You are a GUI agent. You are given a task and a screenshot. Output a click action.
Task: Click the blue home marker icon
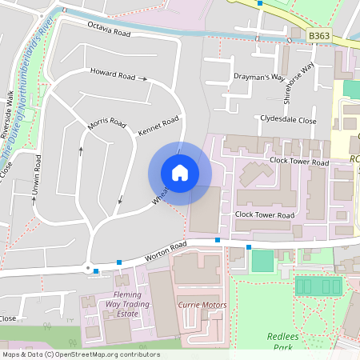[180, 173]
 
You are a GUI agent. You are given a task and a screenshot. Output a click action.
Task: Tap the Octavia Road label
[110, 29]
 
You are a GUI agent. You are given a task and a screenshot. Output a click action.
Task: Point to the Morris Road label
[106, 126]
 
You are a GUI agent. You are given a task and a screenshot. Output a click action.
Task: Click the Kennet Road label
[158, 126]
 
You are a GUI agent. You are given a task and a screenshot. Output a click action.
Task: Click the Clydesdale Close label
[288, 120]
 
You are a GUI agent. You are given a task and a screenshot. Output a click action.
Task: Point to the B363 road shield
[319, 35]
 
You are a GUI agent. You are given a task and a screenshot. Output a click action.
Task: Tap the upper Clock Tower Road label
[299, 162]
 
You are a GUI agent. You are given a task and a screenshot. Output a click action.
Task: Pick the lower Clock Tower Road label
[265, 215]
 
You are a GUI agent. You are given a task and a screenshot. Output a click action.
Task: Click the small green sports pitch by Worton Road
[262, 261]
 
